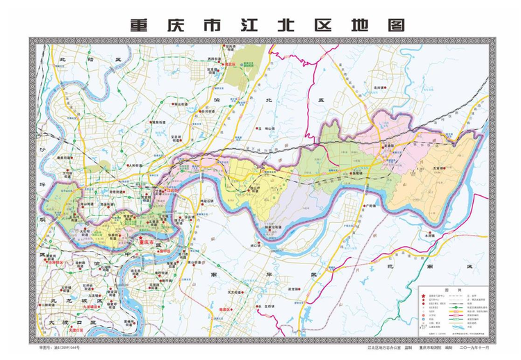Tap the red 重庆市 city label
[x=146, y=243]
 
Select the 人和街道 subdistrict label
[x=134, y=165]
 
